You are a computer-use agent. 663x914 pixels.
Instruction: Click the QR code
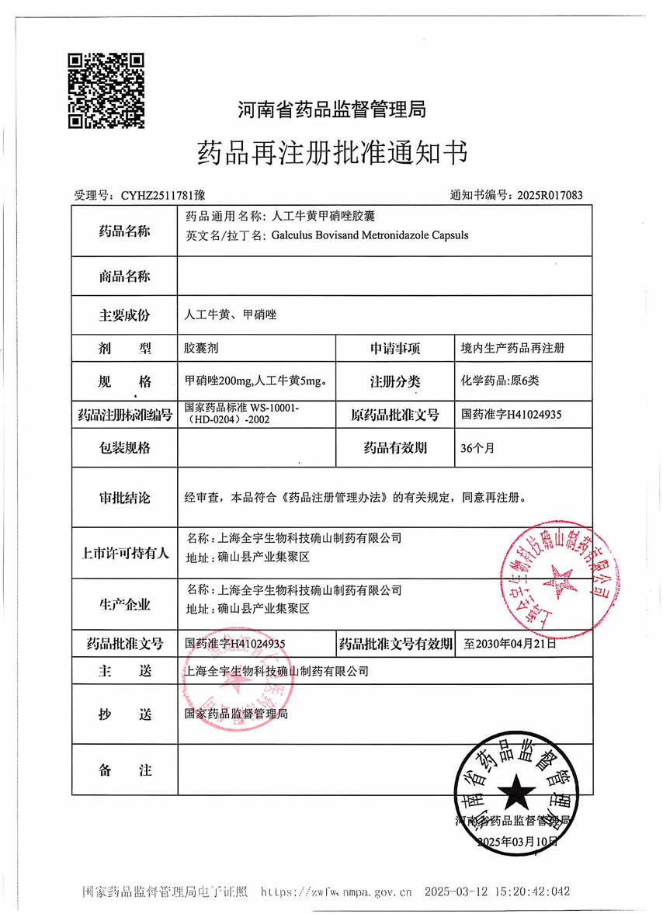pos(106,90)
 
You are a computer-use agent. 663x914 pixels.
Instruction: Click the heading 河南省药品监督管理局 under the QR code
pos(331,109)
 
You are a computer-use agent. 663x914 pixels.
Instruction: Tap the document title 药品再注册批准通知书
pos(332,152)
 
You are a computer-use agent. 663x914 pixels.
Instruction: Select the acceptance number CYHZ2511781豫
pos(160,196)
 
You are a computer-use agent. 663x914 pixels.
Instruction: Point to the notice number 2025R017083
pos(549,196)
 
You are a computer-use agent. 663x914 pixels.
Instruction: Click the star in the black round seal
pos(515,794)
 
